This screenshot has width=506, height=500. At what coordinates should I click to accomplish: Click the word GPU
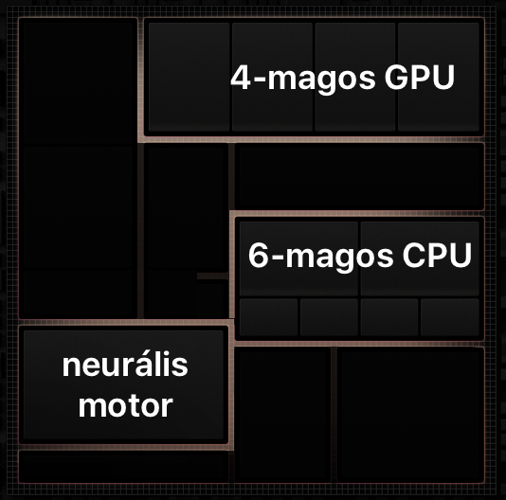420,78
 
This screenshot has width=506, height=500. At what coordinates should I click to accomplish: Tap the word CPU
437,255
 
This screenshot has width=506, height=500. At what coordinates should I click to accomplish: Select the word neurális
125,365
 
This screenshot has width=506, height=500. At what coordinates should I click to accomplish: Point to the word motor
126,406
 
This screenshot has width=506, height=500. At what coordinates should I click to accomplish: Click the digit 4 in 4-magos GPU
241,78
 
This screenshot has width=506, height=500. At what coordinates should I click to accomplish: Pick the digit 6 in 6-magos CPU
258,255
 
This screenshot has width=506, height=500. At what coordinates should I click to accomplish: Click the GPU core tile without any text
190,77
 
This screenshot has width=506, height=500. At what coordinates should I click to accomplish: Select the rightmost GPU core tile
439,77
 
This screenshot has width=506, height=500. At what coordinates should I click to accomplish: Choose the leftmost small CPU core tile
268,317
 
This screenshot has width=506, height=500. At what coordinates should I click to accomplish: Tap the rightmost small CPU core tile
450,317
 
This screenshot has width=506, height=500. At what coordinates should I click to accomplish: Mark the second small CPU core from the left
329,317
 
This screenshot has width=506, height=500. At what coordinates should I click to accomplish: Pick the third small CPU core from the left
389,317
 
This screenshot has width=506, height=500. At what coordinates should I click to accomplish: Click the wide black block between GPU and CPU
359,176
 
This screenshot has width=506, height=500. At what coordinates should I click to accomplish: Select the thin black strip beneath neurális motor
123,467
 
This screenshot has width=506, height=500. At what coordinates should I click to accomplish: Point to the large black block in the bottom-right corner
411,415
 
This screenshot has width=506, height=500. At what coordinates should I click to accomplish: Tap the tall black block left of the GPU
78,169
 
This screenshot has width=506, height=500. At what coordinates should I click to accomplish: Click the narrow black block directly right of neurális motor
282,415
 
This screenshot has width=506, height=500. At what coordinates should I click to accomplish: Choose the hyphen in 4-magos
259,80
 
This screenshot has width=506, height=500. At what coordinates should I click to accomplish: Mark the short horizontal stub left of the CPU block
213,277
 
